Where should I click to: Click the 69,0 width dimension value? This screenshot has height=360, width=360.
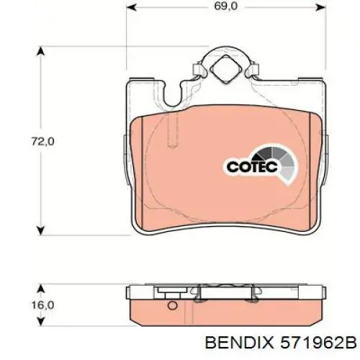tap(226, 6)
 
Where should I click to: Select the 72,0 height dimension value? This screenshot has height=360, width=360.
tap(42, 141)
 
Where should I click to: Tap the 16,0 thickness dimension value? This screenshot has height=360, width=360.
tap(42, 305)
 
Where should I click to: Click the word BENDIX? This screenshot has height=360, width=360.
tap(239, 342)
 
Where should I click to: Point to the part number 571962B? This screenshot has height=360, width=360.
tap(318, 342)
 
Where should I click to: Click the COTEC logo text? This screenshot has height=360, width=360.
tap(252, 167)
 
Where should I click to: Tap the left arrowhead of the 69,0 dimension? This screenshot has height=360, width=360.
tap(131, 7)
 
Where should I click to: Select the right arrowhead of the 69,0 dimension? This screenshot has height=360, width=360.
tap(320, 7)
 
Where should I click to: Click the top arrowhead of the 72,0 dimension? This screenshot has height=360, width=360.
tap(41, 51)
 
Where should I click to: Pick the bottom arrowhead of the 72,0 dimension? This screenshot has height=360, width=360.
tap(41, 230)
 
